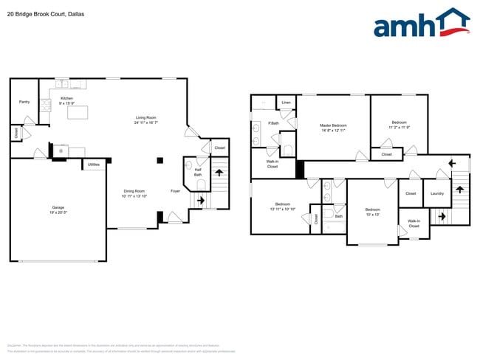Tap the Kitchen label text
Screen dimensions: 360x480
pos(66,98)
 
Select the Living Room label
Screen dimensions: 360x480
pos(145,118)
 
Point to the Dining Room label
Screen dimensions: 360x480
pos(134,191)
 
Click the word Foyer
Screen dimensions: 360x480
pos(175,191)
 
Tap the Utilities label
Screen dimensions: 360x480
pos(94,165)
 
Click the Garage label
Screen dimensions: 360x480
pos(58,208)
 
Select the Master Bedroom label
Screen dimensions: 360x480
pos(334,125)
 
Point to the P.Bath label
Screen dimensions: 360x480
pos(273,122)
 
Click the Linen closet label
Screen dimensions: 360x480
pos(287,103)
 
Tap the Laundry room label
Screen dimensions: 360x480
pos(437,194)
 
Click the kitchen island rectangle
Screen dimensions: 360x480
pos(77,113)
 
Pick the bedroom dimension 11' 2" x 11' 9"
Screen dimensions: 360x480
pos(399,128)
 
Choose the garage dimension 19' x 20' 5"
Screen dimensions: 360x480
pos(58,212)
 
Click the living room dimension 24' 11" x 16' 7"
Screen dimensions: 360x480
pos(145,122)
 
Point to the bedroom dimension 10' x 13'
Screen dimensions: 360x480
pos(372,214)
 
